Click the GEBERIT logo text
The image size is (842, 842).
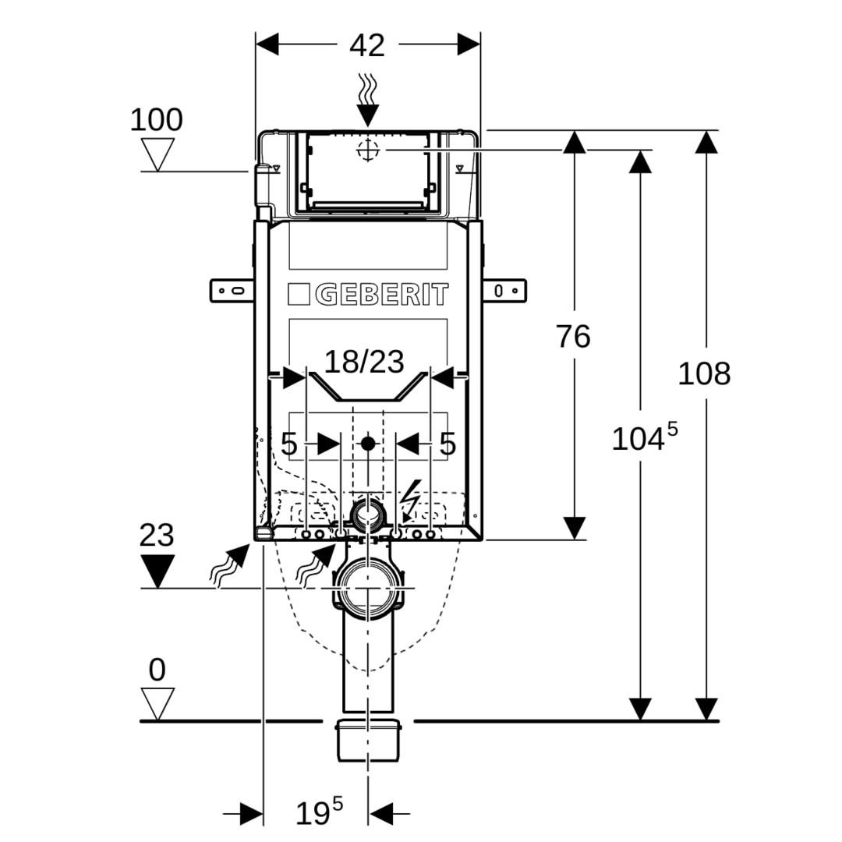pos(382,295)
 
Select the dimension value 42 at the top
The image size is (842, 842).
pos(367,46)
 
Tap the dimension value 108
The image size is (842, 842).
pos(704,374)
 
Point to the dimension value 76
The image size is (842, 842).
pos(573,337)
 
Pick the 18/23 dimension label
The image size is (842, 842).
pos(365,362)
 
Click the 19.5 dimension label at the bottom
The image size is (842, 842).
pos(319,813)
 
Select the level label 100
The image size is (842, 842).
pos(156,121)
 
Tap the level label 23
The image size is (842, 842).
pos(157,536)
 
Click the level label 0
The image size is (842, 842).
pos(157,670)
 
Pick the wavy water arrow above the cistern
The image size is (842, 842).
pos(367,99)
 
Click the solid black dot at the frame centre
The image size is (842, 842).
pos(367,444)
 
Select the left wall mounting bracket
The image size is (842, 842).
pos(232,291)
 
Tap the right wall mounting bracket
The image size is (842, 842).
pos(504,291)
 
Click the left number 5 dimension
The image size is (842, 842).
pos(289,444)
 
